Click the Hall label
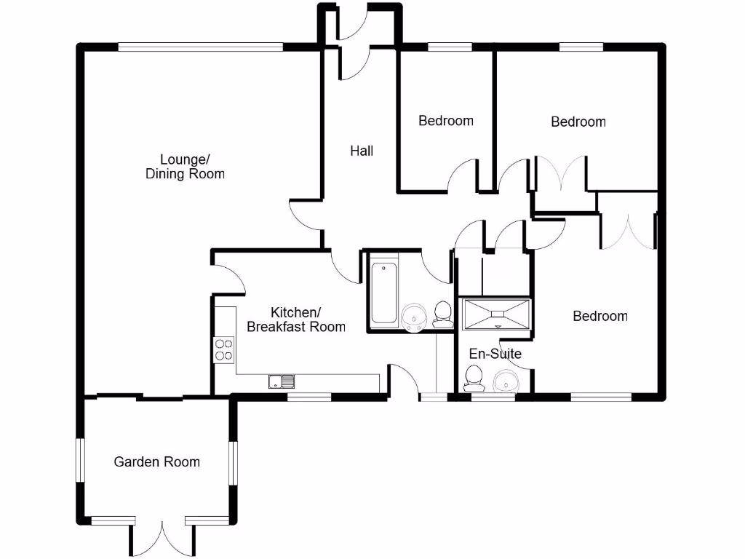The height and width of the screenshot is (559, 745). (362, 151)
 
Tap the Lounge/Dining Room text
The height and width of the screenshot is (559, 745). (185, 167)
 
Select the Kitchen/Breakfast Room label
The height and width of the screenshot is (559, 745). (296, 320)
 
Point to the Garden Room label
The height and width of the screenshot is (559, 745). (156, 461)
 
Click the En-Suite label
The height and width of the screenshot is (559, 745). (495, 354)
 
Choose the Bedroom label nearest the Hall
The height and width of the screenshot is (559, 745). (446, 121)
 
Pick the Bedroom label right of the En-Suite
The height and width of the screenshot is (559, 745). (600, 316)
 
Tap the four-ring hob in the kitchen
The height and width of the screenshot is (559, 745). (224, 350)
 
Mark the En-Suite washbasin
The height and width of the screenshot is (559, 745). (505, 381)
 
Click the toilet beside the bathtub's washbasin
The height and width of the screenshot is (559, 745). (442, 313)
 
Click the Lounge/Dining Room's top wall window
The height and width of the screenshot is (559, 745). (201, 47)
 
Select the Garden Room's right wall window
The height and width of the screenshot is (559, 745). (234, 462)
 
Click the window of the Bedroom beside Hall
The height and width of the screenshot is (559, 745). (450, 47)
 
